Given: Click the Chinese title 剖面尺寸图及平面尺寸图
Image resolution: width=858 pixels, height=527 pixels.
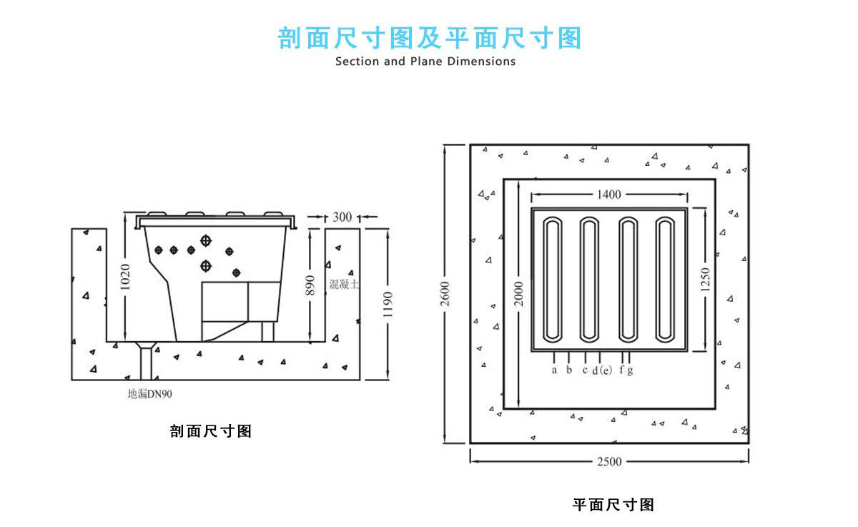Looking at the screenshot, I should point(429,38).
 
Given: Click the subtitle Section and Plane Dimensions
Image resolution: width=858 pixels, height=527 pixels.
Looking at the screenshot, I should point(425,61).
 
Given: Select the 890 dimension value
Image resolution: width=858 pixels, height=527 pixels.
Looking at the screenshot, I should point(310,285).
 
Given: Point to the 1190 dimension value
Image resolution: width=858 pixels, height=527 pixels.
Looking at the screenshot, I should point(387,304).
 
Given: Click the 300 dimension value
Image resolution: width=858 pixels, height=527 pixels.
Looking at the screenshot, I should point(342,217).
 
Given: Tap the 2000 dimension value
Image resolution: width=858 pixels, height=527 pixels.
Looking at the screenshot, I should point(520,293).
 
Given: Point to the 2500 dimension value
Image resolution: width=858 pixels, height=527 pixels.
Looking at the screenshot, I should point(608,462).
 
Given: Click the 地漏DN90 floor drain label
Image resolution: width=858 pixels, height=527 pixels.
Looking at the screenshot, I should point(149,393).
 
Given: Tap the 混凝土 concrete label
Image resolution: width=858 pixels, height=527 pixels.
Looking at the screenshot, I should point(344,284).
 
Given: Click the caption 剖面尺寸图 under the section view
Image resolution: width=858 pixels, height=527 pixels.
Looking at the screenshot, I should point(211,431).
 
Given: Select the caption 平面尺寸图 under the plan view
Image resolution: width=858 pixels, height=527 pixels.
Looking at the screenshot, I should point(613,505).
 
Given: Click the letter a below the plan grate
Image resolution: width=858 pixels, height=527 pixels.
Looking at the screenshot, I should point(554,370).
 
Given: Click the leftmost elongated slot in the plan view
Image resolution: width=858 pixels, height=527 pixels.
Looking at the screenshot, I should point(553,279).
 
